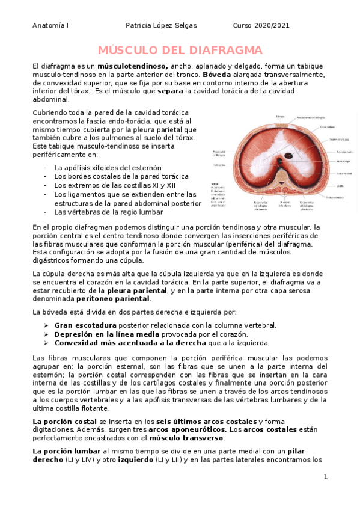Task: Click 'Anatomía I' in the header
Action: point(51,25)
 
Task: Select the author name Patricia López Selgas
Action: point(160,25)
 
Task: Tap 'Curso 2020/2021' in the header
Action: point(261,25)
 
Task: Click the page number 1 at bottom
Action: point(325,477)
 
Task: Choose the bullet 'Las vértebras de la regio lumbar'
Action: point(108,212)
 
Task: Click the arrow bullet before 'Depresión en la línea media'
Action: point(46,334)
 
